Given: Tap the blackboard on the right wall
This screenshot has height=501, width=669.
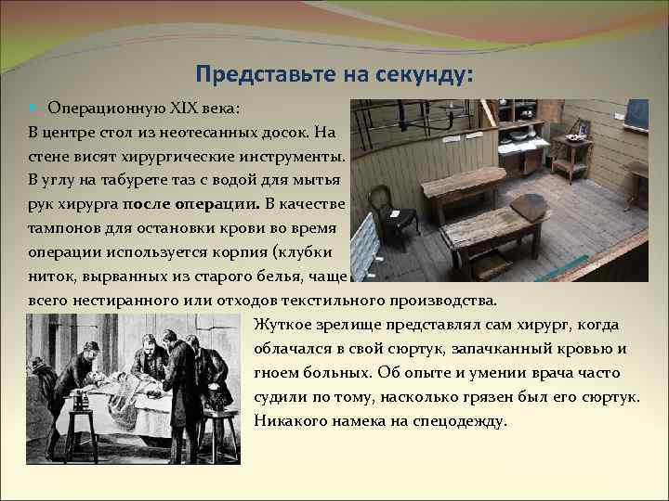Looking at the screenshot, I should coord(636,113).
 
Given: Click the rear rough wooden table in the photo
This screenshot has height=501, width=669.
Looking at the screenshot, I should coord(462,183).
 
